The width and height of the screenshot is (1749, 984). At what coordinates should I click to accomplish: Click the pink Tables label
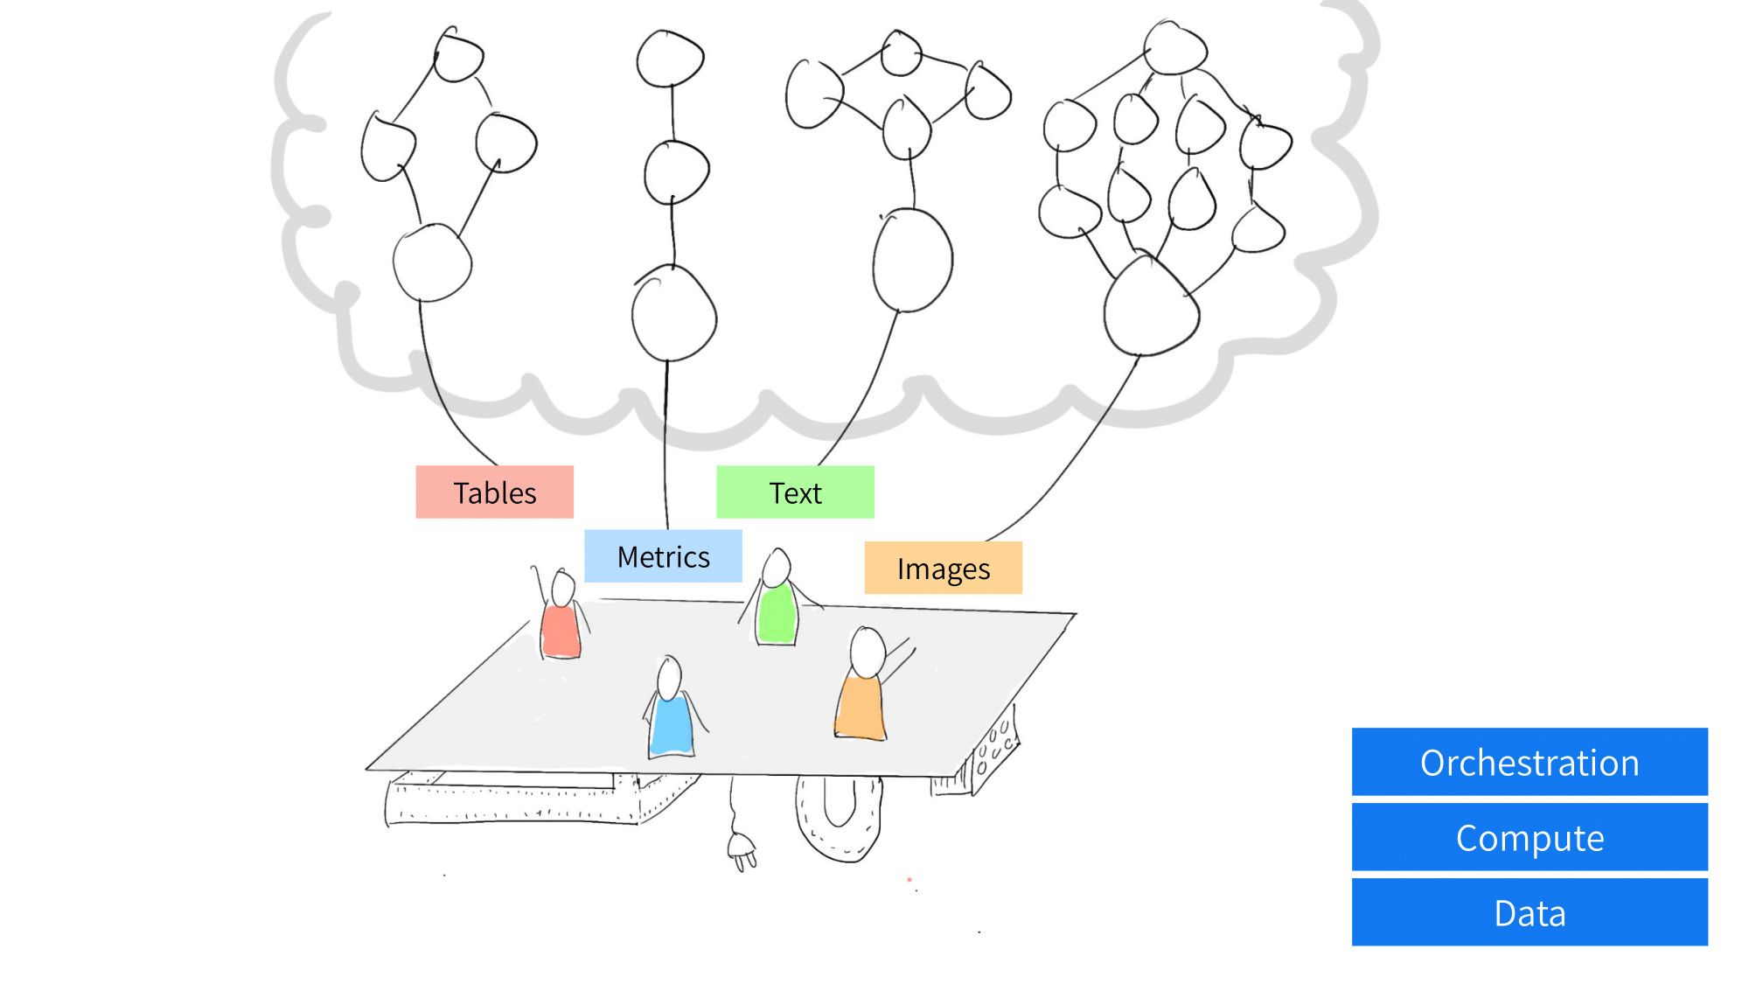(x=494, y=492)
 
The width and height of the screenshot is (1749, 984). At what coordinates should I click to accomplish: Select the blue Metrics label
(x=663, y=556)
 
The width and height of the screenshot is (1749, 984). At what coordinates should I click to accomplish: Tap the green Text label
(x=795, y=492)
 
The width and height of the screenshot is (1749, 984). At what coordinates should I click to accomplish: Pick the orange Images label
(x=943, y=568)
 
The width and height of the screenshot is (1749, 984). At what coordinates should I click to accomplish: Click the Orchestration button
(x=1530, y=762)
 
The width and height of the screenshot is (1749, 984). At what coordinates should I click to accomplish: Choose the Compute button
(x=1530, y=837)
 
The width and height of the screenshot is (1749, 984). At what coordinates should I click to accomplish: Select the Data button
(x=1530, y=912)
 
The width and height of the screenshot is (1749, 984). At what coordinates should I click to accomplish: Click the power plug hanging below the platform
(x=742, y=850)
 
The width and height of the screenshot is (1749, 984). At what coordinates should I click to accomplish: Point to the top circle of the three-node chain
(x=671, y=59)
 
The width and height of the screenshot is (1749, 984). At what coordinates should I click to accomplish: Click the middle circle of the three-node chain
(x=676, y=172)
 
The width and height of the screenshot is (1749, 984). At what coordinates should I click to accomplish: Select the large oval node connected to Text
(x=912, y=260)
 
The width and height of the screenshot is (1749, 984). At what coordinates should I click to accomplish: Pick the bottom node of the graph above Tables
(x=432, y=262)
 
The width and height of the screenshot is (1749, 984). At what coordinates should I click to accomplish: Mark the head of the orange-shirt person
(x=868, y=653)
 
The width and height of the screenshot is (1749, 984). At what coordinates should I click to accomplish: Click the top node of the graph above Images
(x=1174, y=48)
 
